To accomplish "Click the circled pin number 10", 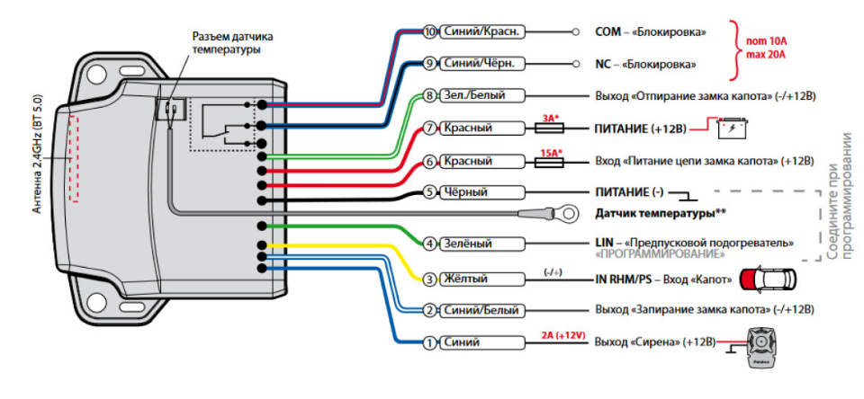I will click(x=429, y=31).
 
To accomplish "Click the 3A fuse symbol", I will click(x=549, y=129).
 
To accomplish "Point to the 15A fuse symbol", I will click(x=549, y=162).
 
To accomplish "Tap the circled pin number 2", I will click(x=429, y=310).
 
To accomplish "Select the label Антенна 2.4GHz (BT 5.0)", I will click(x=37, y=153).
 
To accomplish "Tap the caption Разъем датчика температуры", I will click(x=232, y=43).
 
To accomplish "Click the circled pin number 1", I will click(x=429, y=342).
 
